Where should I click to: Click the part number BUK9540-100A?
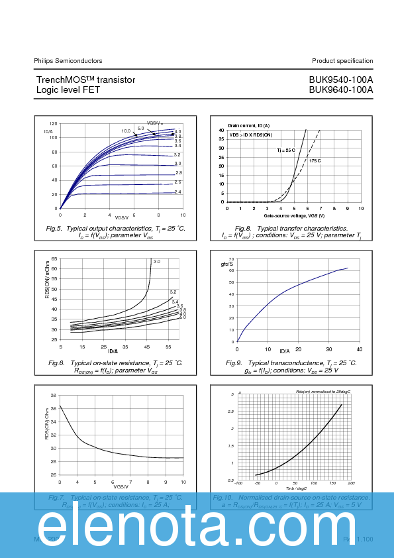pyautogui.click(x=340, y=80)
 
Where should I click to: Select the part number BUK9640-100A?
pyautogui.click(x=340, y=89)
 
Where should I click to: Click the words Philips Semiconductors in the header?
pyautogui.click(x=68, y=60)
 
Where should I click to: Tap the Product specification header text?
pyautogui.click(x=342, y=60)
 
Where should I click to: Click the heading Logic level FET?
pyautogui.click(x=68, y=89)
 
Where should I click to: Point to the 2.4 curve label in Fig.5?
pyautogui.click(x=178, y=192)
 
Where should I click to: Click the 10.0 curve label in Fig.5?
pyautogui.click(x=126, y=131)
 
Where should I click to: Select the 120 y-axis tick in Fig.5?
pyautogui.click(x=53, y=124)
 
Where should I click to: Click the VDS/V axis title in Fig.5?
pyautogui.click(x=122, y=217)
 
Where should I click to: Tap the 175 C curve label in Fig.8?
pyautogui.click(x=315, y=160)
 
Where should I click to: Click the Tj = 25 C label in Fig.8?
pyautogui.click(x=286, y=151)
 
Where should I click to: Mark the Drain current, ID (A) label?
pyautogui.click(x=249, y=125)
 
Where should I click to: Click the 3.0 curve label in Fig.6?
pyautogui.click(x=157, y=262)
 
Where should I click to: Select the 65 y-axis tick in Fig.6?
pyautogui.click(x=54, y=258)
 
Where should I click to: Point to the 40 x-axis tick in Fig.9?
pyautogui.click(x=360, y=349)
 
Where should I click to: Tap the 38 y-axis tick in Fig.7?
pyautogui.click(x=53, y=395)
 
